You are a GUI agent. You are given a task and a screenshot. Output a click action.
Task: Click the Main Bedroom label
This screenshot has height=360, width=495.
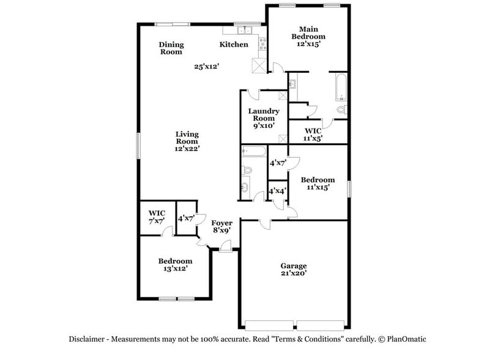pyautogui.click(x=308, y=37)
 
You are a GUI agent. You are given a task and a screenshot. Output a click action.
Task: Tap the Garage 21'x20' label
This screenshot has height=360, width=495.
pyautogui.click(x=293, y=269)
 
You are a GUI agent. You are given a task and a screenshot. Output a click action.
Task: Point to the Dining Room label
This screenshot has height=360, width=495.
pyautogui.click(x=171, y=48)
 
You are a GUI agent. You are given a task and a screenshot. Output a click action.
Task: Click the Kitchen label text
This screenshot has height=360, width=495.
pyautogui.click(x=234, y=45)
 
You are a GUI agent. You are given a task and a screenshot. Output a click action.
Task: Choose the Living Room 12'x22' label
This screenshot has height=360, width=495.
pyautogui.click(x=187, y=141)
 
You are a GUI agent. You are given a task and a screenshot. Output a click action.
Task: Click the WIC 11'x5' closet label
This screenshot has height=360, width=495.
pyautogui.click(x=313, y=135)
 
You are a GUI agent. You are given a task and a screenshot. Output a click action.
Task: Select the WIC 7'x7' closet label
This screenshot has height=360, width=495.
pyautogui.click(x=157, y=217)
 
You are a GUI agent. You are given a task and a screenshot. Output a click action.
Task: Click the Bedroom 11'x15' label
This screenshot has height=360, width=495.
pyautogui.click(x=318, y=184)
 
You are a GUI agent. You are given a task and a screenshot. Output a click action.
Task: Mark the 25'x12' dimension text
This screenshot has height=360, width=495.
pyautogui.click(x=207, y=66)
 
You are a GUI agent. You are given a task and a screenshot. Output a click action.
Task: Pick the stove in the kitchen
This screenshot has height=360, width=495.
pyautogui.click(x=262, y=43)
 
